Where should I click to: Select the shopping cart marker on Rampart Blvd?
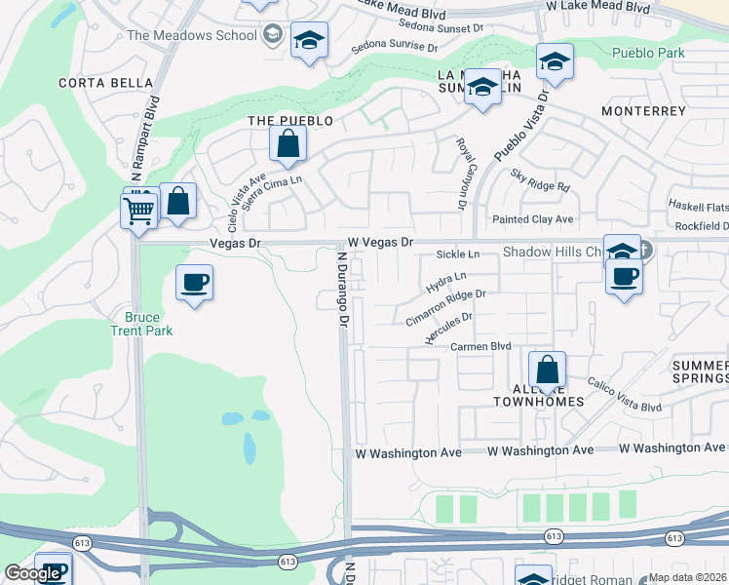click(x=139, y=210)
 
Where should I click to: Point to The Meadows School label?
click(x=192, y=36)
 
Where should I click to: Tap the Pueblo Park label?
click(x=649, y=53)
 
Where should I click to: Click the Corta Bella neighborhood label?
click(x=95, y=83)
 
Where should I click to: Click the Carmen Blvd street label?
click(x=480, y=346)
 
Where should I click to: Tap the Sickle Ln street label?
click(x=458, y=254)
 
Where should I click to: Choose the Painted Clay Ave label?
click(x=532, y=219)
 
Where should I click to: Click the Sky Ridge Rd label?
click(x=539, y=179)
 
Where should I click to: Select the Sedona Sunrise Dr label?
click(x=394, y=46)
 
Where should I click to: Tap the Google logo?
click(x=32, y=573)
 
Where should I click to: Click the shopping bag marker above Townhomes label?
click(x=548, y=370)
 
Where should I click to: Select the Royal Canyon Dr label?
click(x=461, y=174)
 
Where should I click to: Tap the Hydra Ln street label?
click(x=446, y=284)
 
